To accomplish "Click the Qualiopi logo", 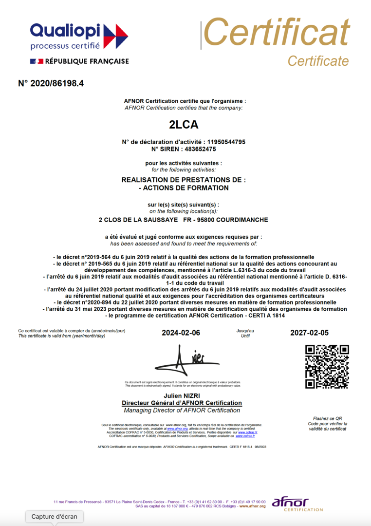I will [x=79, y=37].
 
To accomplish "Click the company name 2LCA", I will [x=184, y=125].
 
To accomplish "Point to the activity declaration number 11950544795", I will [x=223, y=142].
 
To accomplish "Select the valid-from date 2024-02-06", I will [x=181, y=333].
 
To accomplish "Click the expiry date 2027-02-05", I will [x=310, y=333].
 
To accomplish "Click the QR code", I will [x=327, y=367].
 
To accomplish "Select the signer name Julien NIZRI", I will [x=182, y=396].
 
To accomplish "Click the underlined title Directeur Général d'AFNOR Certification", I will [x=182, y=403].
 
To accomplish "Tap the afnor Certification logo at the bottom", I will [x=297, y=504].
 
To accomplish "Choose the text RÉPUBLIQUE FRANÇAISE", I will [x=87, y=61].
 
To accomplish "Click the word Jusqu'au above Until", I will [x=245, y=331].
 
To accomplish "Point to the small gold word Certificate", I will [x=318, y=61].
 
